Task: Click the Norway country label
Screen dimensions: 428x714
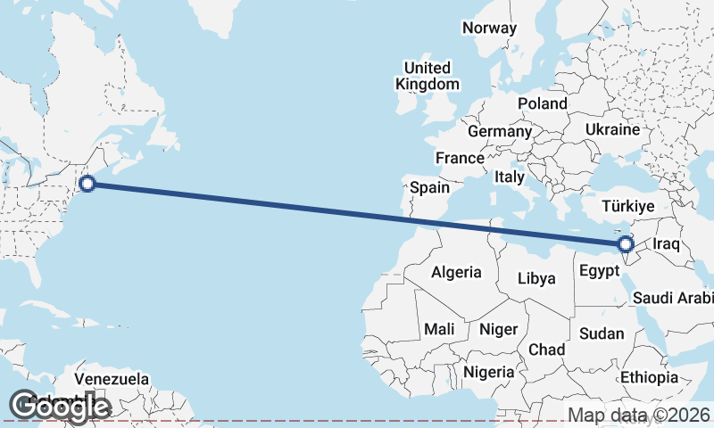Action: point(489,28)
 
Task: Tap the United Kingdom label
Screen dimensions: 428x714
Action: point(428,76)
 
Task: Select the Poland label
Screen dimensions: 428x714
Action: point(542,103)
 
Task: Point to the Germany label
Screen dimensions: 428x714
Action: point(500,131)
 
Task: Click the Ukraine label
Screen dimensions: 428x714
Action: point(612,129)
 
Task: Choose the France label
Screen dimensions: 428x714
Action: point(459,158)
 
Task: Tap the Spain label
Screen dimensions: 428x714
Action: point(429,187)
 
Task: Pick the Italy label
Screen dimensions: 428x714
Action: point(510,177)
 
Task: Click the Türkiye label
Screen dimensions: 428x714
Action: point(628,206)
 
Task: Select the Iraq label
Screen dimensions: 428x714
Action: point(667,243)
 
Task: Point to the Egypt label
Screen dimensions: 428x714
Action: point(598,271)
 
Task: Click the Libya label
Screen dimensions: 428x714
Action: point(536,278)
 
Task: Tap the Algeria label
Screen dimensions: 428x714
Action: point(456,272)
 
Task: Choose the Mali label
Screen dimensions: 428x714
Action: point(439,329)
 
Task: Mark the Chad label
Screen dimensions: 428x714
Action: point(546,350)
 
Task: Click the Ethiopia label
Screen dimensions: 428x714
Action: point(650,377)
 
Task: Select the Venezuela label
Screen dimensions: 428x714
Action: point(112,379)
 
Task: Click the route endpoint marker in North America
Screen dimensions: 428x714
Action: point(87,185)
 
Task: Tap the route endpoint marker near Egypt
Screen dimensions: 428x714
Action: point(626,243)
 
